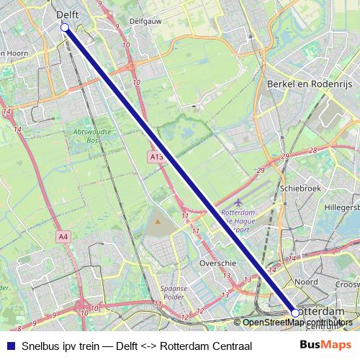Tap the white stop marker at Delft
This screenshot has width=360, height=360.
(65, 27)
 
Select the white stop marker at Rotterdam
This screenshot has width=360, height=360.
(295, 313)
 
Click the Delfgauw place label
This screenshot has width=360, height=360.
(145, 22)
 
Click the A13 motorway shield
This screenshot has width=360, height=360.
(158, 156)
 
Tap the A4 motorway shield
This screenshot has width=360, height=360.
(63, 236)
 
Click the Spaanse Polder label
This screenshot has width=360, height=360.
(176, 292)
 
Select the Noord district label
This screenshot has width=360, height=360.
(306, 282)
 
